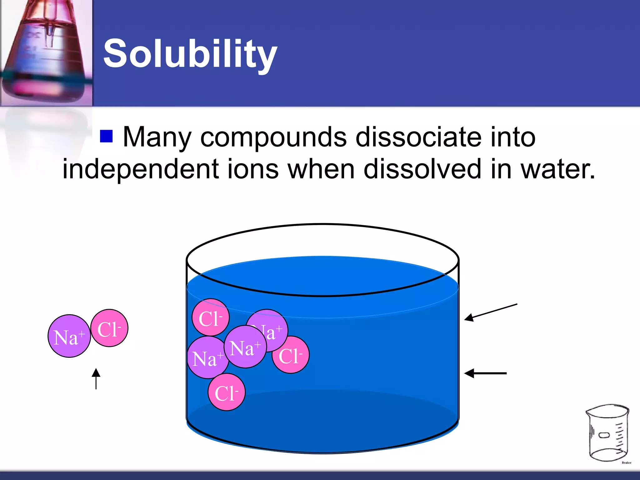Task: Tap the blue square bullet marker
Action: click(x=106, y=136)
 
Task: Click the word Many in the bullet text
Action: click(x=157, y=137)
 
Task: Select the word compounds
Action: click(x=273, y=137)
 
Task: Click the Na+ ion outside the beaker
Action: click(x=69, y=336)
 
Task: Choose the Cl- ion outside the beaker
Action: click(x=109, y=328)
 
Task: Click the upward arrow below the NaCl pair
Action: click(x=96, y=378)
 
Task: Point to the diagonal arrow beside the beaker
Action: click(x=490, y=312)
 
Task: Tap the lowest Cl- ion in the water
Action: click(x=227, y=392)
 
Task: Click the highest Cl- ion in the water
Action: click(x=210, y=317)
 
